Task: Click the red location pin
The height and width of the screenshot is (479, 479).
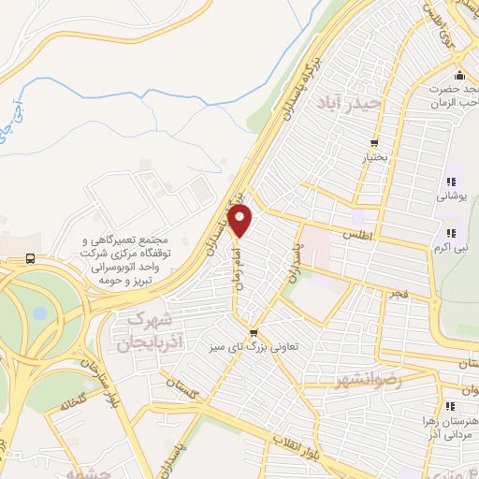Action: click(x=240, y=222)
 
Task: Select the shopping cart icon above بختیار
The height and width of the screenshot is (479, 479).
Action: click(x=374, y=143)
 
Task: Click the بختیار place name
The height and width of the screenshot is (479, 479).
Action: click(x=374, y=159)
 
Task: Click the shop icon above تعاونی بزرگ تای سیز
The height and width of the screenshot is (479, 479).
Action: click(x=253, y=331)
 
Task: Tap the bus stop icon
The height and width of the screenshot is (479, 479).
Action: click(x=32, y=259)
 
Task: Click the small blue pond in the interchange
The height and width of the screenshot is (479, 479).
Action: click(x=38, y=312)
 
